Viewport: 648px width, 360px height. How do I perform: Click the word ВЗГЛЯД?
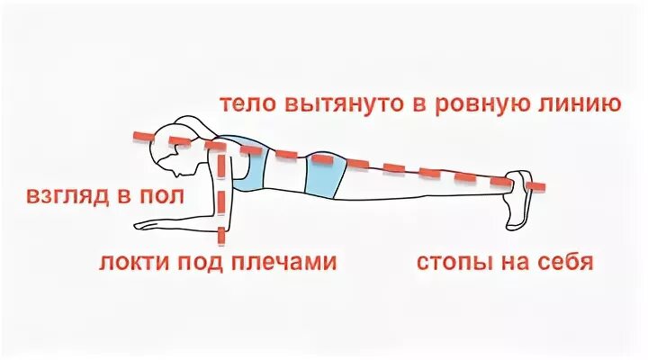(x=65, y=196)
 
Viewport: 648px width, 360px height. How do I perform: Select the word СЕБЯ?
(x=565, y=264)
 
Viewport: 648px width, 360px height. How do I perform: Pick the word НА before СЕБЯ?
(x=518, y=264)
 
